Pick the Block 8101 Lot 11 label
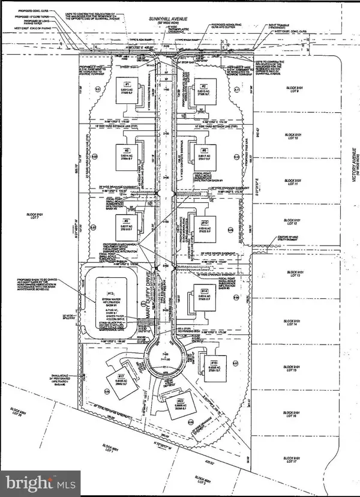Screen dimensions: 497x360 pyautogui.click(x=294, y=182)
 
